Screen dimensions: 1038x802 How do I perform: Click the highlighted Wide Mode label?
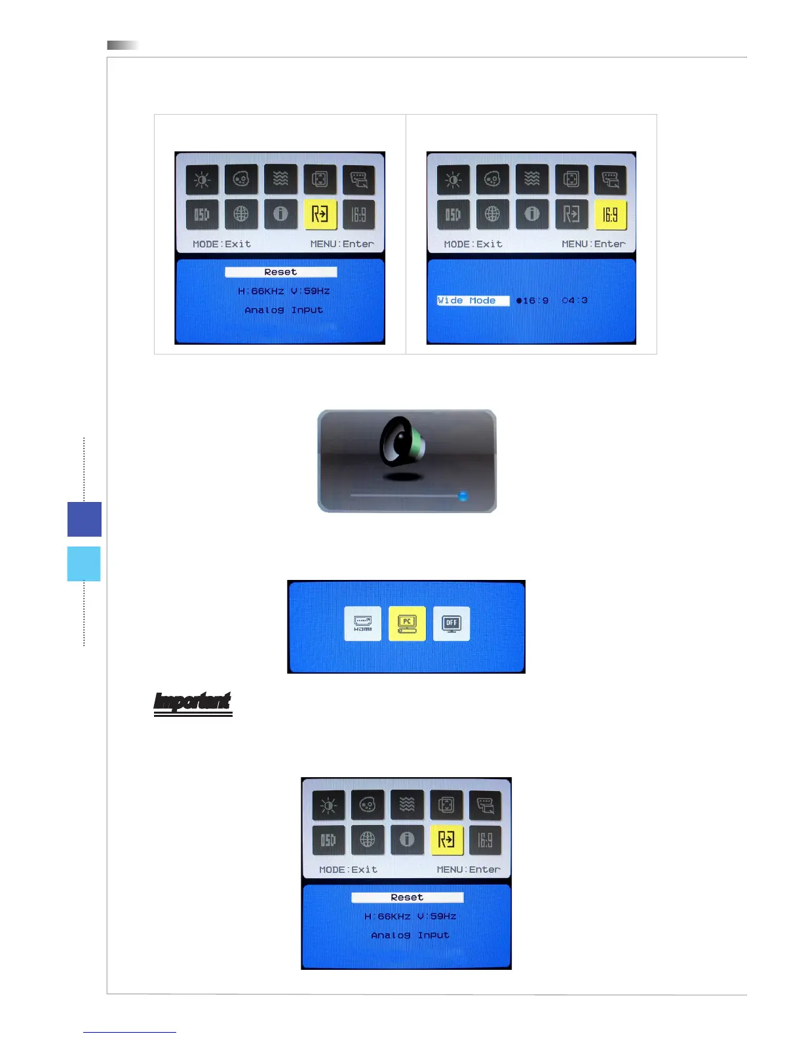pyautogui.click(x=472, y=301)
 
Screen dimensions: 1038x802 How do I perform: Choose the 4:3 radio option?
pyautogui.click(x=575, y=301)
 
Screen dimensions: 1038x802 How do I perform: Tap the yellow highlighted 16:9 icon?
pyautogui.click(x=610, y=215)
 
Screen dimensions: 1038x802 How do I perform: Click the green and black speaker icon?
pyautogui.click(x=402, y=444)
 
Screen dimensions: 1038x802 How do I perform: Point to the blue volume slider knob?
pyautogui.click(x=463, y=496)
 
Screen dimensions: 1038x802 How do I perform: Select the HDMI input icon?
pyautogui.click(x=362, y=623)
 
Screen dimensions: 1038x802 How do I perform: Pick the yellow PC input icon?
pyautogui.click(x=407, y=623)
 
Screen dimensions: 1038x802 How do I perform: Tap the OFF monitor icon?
pyautogui.click(x=451, y=623)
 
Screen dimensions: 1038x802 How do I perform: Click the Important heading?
pyautogui.click(x=193, y=702)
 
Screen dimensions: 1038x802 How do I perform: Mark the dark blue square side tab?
pyautogui.click(x=85, y=519)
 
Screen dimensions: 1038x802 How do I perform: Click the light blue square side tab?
pyautogui.click(x=84, y=564)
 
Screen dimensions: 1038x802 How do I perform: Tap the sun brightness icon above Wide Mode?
pyautogui.click(x=453, y=180)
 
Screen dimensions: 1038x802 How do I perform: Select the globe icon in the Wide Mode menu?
pyautogui.click(x=492, y=214)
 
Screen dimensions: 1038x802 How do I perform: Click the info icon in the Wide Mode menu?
pyautogui.click(x=532, y=214)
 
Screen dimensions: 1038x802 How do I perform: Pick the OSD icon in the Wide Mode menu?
pyautogui.click(x=453, y=214)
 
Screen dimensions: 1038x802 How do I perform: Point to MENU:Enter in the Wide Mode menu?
pyautogui.click(x=593, y=244)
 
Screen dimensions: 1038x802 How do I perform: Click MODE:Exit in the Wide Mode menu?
pyautogui.click(x=473, y=244)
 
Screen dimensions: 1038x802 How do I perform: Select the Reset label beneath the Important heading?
pyautogui.click(x=407, y=897)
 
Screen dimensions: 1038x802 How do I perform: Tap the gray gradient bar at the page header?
pyautogui.click(x=123, y=45)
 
